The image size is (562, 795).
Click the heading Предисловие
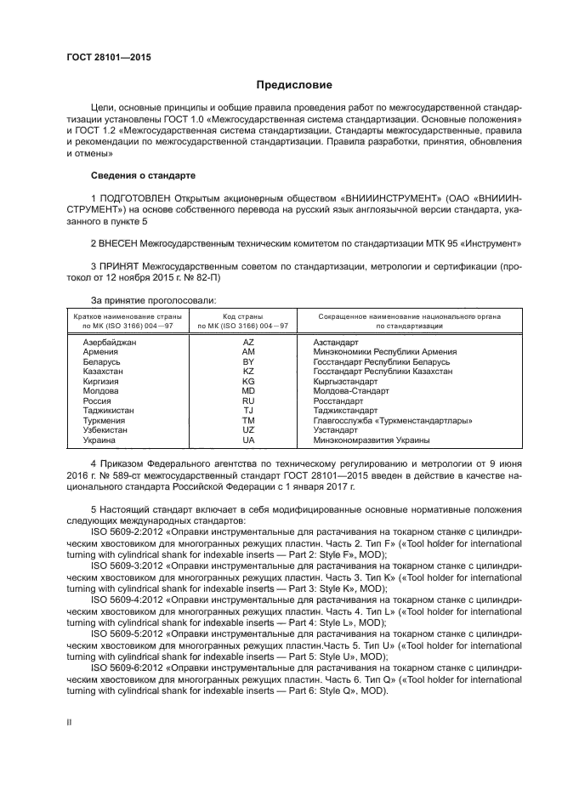pyautogui.click(x=288, y=85)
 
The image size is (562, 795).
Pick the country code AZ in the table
pyautogui.click(x=248, y=341)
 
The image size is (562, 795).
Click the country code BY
pyautogui.click(x=248, y=361)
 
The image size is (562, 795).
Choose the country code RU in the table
pyautogui.click(x=248, y=400)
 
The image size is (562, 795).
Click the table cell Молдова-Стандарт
pyautogui.click(x=351, y=391)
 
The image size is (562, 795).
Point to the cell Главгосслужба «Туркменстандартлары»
pyautogui.click(x=392, y=421)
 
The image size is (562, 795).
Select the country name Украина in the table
pyautogui.click(x=99, y=440)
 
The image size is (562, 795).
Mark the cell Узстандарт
pyautogui.click(x=338, y=430)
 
